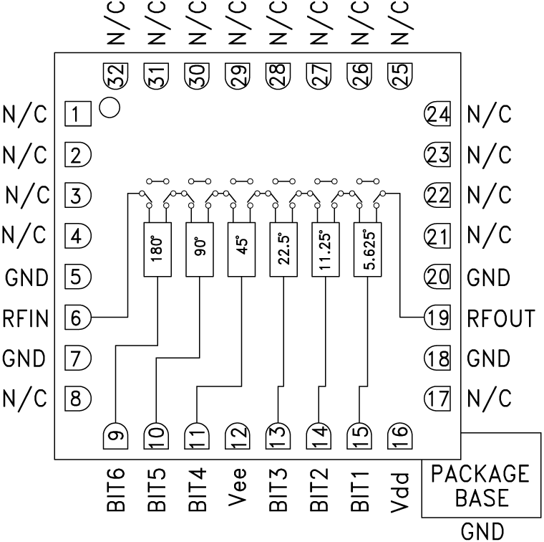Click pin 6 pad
point(78,317)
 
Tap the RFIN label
point(25,317)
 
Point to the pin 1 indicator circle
point(110,108)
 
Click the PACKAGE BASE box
point(480,485)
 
